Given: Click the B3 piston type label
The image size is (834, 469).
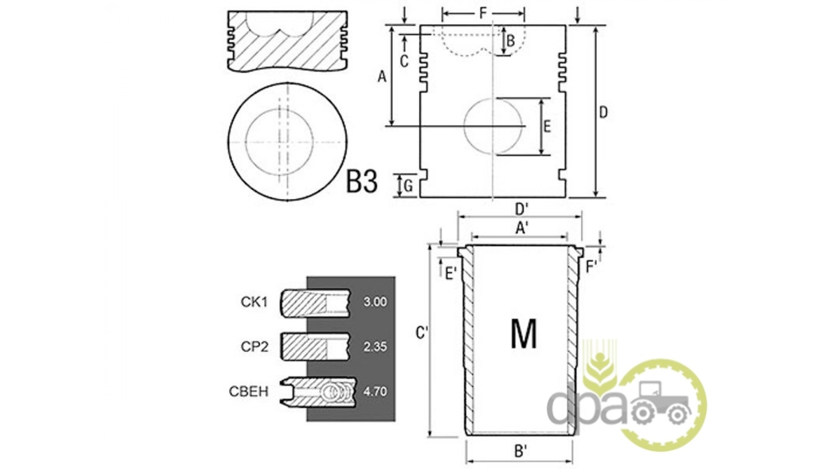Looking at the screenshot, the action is pos(362,182).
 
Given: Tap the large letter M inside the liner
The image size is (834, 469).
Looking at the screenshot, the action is pos(524,334).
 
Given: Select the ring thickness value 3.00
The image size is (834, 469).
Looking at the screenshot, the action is pos(375,302).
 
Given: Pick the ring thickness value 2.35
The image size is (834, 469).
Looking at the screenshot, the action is pos(375,347).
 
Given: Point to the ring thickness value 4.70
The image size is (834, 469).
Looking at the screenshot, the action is pos(375,391).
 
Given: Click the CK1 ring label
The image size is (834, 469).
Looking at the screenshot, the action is pos(255,302).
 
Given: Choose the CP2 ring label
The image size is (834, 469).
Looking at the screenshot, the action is pos(255,347).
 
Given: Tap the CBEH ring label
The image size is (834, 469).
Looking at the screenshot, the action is pos(249,391).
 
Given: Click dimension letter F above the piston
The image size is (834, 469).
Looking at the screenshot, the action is pos(483,14).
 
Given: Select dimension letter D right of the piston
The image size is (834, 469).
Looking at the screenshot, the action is pos(603,112).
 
